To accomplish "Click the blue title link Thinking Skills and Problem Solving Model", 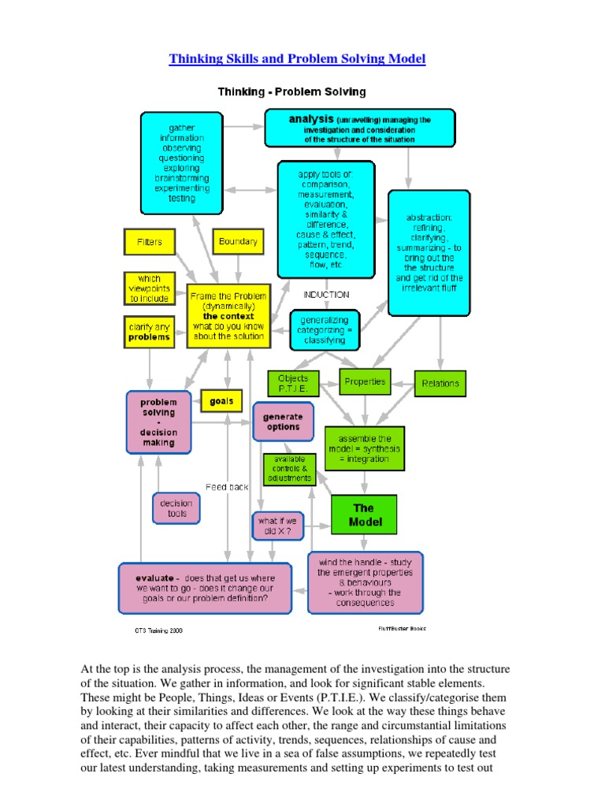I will [x=298, y=60].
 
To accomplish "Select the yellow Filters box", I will [x=149, y=242].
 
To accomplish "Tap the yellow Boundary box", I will [x=238, y=242].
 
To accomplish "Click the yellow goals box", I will [x=221, y=400].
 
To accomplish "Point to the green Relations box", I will [x=440, y=383].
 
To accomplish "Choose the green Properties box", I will [x=365, y=381].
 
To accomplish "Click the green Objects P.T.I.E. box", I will [x=293, y=384].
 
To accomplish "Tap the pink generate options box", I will [x=283, y=422].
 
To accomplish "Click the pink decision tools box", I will [x=176, y=508].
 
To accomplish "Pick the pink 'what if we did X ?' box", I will [x=277, y=526].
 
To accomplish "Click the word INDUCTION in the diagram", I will [x=325, y=295].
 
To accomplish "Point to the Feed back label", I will [x=227, y=487].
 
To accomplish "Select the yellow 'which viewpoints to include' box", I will [x=149, y=288].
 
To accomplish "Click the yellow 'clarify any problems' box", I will [x=149, y=332].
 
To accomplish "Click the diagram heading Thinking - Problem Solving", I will [x=291, y=92].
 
